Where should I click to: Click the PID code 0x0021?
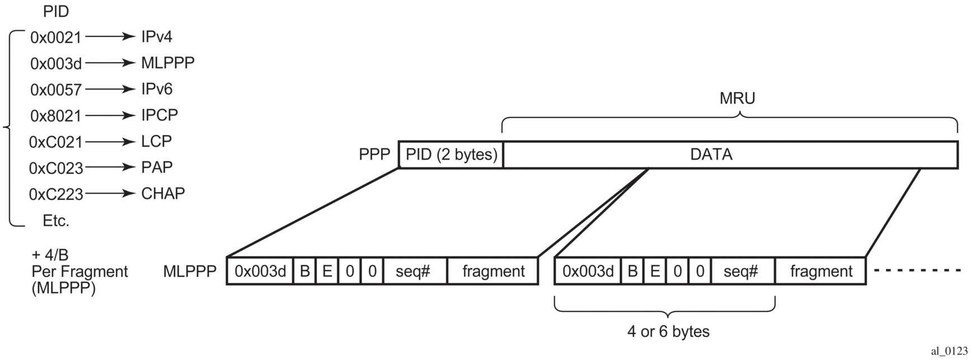click(56, 38)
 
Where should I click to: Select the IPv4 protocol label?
click(157, 37)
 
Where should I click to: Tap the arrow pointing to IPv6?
click(110, 89)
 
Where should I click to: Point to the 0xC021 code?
click(56, 142)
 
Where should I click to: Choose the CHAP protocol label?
click(163, 194)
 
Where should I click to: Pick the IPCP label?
click(160, 115)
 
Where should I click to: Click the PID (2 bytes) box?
click(451, 155)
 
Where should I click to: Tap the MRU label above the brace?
click(737, 99)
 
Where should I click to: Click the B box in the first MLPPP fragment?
click(304, 272)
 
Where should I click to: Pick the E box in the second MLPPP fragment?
click(655, 272)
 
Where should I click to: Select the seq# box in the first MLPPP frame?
click(413, 272)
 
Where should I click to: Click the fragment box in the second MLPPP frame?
click(820, 272)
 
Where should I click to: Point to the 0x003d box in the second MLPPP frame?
click(588, 272)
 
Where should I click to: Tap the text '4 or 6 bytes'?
click(668, 331)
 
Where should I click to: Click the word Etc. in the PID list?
click(56, 221)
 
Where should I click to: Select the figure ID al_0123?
click(949, 351)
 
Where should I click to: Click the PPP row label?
click(374, 155)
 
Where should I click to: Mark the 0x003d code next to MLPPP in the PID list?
click(56, 64)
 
